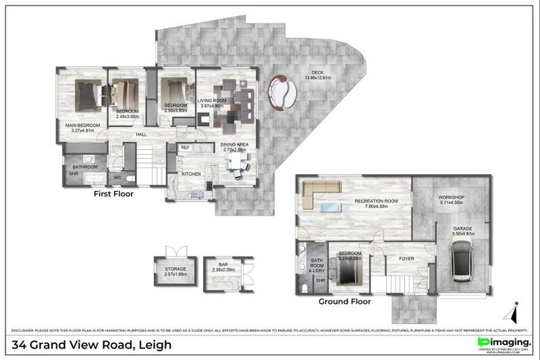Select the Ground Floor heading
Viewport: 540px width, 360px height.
[x=344, y=301]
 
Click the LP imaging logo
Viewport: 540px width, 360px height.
[x=503, y=342]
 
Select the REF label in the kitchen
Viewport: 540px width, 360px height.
[x=186, y=148]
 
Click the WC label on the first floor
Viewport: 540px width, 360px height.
[x=118, y=177]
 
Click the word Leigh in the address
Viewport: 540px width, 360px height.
[x=155, y=345]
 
